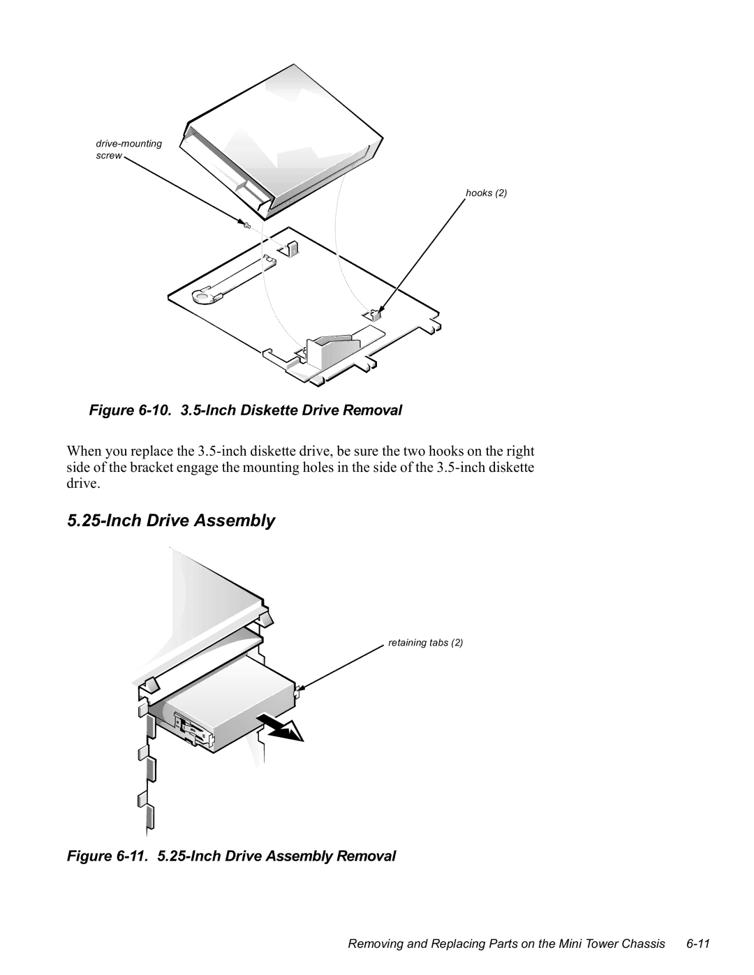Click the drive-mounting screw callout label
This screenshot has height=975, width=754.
click(x=128, y=149)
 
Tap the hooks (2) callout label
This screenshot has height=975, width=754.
click(x=486, y=193)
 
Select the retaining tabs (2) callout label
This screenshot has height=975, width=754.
click(x=426, y=642)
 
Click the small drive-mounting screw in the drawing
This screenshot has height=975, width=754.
click(x=246, y=225)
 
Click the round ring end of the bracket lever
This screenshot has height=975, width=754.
click(x=204, y=297)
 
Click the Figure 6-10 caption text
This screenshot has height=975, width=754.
click(x=246, y=410)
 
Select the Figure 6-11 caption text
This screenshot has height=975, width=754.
click(x=232, y=856)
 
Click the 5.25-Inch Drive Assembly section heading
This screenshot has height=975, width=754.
click(x=172, y=521)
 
